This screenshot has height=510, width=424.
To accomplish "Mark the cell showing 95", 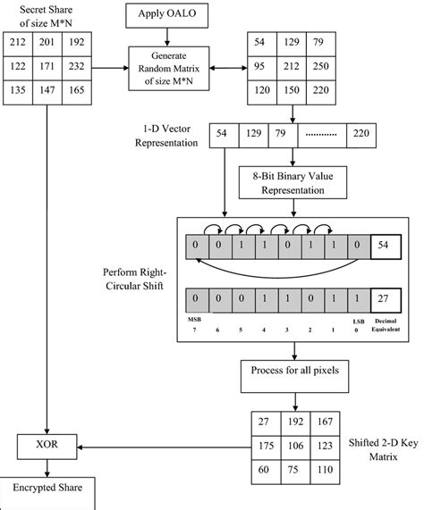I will pos(259,68).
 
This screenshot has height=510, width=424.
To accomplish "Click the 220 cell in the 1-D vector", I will pos(361,134).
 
